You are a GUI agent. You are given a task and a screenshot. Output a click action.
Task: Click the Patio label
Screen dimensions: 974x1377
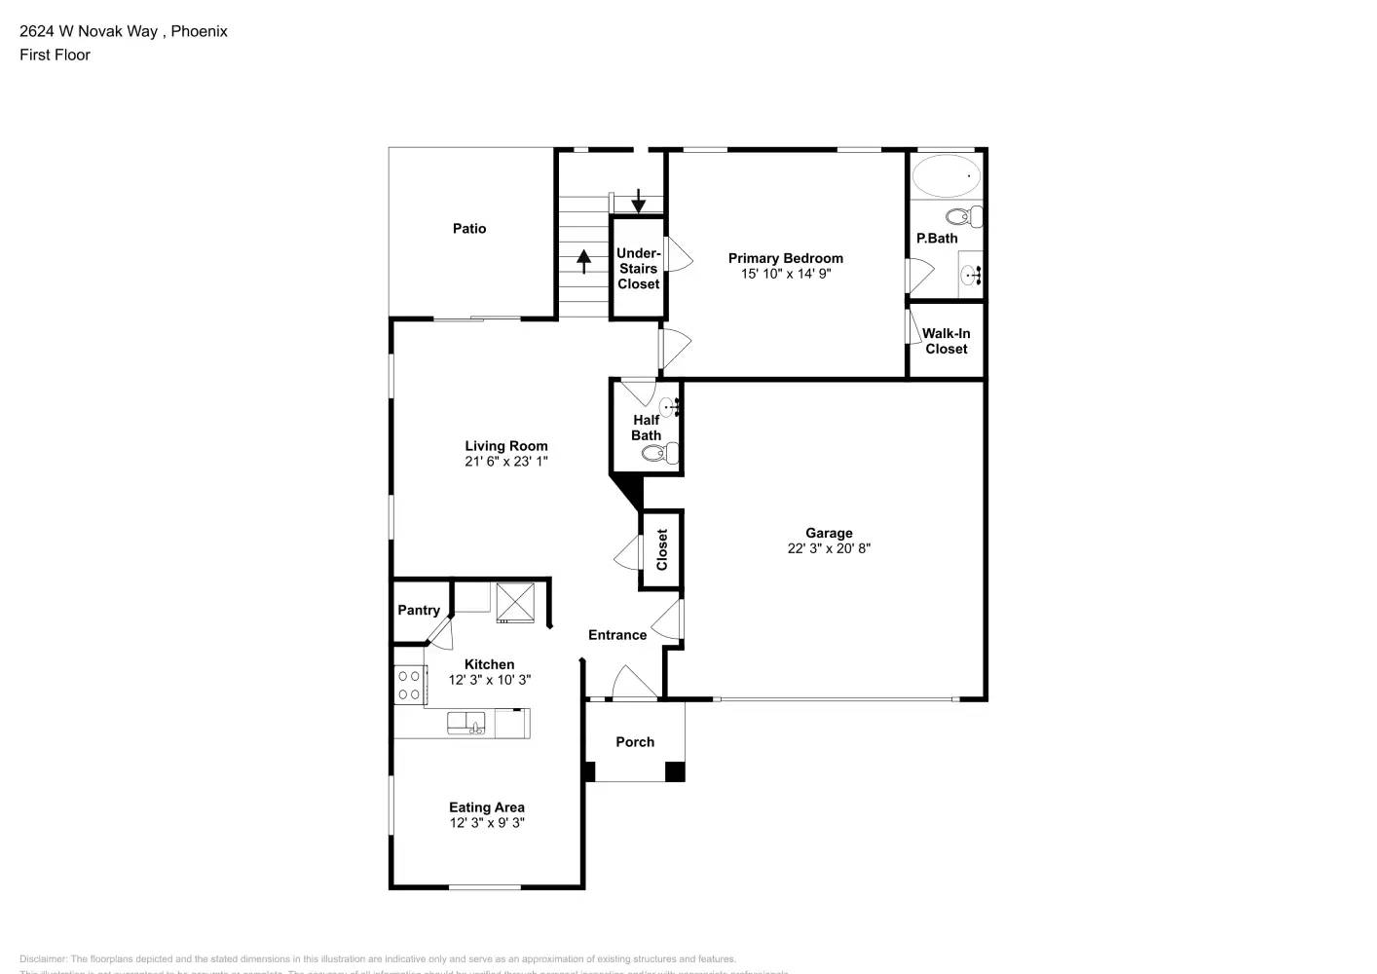469,228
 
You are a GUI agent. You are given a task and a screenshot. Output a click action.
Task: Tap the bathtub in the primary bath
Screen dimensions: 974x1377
946,176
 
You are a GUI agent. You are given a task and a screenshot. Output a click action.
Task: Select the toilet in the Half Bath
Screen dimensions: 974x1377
667,452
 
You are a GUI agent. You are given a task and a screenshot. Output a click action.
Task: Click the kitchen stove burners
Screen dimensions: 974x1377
409,685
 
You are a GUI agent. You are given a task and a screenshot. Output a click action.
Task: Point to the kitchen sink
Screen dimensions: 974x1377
466,723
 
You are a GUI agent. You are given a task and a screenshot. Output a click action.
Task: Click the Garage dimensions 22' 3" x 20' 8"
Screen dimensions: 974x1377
829,548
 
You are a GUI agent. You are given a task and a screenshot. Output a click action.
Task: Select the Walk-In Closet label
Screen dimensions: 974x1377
946,341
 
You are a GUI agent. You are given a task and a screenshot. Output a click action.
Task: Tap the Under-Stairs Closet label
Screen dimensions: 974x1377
638,269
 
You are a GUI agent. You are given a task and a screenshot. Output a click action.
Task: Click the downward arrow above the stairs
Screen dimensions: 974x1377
638,201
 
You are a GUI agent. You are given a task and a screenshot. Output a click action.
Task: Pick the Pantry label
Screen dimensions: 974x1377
419,610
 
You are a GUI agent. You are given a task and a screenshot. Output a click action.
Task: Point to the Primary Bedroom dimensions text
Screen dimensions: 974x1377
785,274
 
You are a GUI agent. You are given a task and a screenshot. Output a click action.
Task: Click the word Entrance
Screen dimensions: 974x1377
617,635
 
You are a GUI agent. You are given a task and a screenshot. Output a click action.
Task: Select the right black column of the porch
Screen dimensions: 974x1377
675,771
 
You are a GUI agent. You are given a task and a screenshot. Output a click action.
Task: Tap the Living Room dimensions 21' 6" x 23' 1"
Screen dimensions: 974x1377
505,462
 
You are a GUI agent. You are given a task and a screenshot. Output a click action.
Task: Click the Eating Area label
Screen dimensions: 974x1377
486,806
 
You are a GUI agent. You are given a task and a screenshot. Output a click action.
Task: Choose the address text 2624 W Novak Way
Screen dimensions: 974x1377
89,31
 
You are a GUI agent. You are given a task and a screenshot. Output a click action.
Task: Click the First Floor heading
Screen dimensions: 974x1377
55,55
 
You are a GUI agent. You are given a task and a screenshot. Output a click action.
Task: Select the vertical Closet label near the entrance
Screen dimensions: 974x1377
662,550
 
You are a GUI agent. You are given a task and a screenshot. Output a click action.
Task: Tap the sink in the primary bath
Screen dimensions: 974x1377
971,276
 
